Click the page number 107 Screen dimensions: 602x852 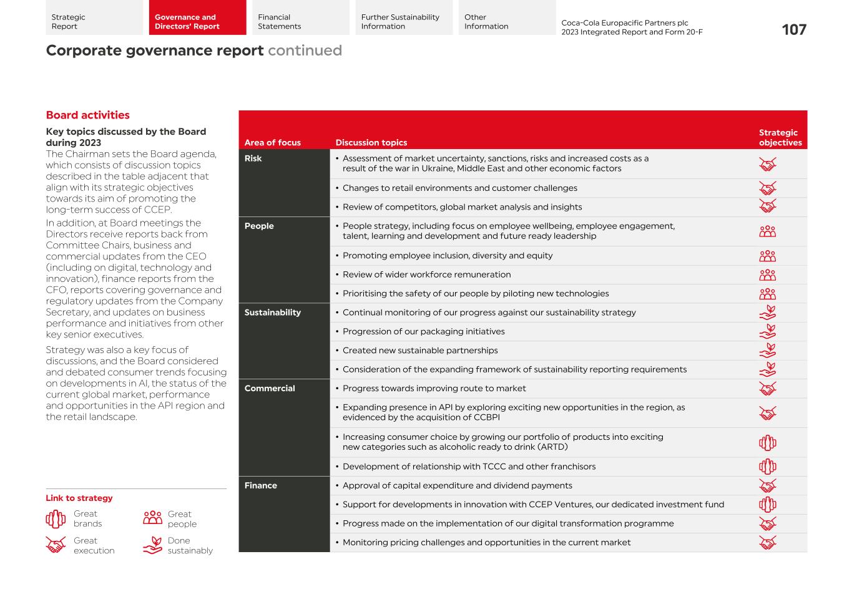pyautogui.click(x=793, y=30)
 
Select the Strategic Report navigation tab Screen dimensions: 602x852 pyautogui.click(x=94, y=22)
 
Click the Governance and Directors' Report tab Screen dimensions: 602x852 pyautogui.click(x=197, y=22)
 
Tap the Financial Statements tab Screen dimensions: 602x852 pyautogui.click(x=300, y=22)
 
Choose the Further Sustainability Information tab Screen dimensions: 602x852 pyautogui.click(x=403, y=22)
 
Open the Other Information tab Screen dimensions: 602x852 pyautogui.click(x=506, y=22)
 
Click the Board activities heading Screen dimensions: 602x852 pyautogui.click(x=88, y=115)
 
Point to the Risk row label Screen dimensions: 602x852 pyautogui.click(x=253, y=158)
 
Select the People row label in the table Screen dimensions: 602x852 pyautogui.click(x=259, y=226)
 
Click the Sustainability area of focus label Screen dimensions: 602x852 pyautogui.click(x=272, y=313)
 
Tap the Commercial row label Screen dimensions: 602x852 pyautogui.click(x=270, y=389)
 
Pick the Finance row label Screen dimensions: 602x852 pyautogui.click(x=260, y=486)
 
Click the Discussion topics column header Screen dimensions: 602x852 pyautogui.click(x=371, y=143)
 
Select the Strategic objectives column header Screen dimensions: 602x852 pyautogui.click(x=780, y=138)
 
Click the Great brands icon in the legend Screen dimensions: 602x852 pyautogui.click(x=56, y=519)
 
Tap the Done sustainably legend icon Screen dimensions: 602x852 pyautogui.click(x=153, y=545)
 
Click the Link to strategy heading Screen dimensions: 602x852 pyautogui.click(x=79, y=498)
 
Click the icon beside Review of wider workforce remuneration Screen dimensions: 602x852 pyautogui.click(x=767, y=275)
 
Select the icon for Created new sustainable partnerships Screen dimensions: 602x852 pyautogui.click(x=767, y=351)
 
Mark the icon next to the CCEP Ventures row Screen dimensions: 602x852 pyautogui.click(x=767, y=505)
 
